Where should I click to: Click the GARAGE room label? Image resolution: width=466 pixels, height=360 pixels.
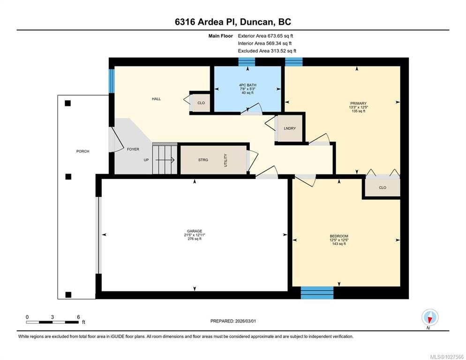195,231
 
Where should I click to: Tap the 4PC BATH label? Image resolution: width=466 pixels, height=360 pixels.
248,85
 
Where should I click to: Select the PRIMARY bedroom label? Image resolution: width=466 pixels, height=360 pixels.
358,104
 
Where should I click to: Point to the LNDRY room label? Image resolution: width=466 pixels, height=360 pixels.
290,128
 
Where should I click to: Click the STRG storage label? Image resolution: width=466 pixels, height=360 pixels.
203,160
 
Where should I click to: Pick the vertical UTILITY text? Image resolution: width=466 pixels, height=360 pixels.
225,160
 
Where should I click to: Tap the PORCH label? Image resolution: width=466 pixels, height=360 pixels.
83,151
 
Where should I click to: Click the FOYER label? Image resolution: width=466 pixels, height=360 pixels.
133,149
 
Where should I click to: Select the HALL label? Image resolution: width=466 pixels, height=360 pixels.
156,99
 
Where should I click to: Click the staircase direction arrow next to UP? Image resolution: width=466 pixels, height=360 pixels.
165,160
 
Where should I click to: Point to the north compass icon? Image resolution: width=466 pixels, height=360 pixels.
430,317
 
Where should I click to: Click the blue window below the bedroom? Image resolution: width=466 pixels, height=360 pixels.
317,293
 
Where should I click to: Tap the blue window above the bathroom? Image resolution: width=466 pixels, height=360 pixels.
247,62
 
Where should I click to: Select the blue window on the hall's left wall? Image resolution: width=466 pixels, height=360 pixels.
112,81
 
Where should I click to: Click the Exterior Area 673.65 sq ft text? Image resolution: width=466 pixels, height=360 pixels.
265,36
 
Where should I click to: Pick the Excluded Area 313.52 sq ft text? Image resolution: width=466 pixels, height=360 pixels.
267,51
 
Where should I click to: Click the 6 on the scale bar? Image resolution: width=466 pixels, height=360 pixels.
78,317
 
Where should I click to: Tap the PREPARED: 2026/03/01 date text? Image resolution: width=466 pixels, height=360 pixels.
233,321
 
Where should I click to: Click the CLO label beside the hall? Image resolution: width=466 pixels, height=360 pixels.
201,103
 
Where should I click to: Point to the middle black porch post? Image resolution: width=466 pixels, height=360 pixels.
68,177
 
